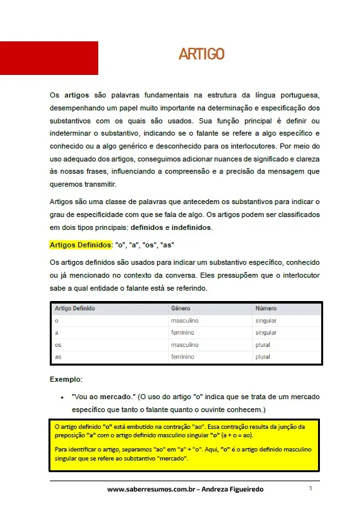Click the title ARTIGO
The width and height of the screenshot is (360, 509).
[202, 54]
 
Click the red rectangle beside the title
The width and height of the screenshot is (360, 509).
[49, 58]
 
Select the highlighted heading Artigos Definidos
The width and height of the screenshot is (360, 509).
[81, 245]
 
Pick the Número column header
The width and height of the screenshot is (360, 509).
[266, 309]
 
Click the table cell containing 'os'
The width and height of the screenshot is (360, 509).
[58, 345]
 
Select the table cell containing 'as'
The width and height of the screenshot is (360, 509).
[58, 357]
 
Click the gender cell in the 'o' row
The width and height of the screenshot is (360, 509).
[185, 320]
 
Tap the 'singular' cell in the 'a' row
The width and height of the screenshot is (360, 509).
[266, 333]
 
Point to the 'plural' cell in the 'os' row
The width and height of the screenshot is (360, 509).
[262, 345]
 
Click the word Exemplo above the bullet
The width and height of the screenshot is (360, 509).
[65, 379]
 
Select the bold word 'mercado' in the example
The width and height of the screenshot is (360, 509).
[116, 396]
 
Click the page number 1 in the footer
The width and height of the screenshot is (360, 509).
[310, 488]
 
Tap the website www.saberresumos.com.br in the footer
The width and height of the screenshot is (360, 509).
[151, 490]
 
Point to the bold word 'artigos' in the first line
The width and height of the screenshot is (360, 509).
[77, 94]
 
